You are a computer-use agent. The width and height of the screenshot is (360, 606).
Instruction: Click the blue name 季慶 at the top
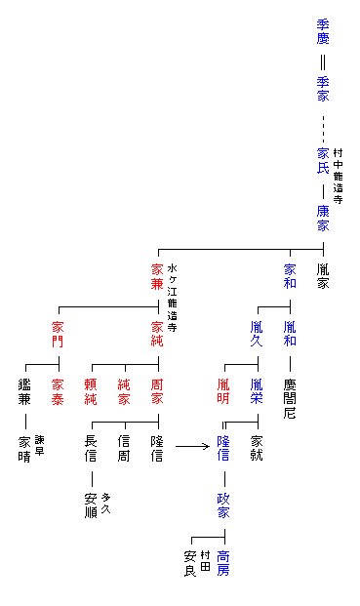(323, 31)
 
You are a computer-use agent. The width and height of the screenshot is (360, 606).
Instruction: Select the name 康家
(323, 218)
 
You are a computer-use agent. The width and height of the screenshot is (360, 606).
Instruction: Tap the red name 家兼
(157, 276)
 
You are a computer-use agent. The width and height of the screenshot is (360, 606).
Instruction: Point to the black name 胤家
(323, 276)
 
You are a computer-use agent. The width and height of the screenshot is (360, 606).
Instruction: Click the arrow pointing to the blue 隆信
(192, 447)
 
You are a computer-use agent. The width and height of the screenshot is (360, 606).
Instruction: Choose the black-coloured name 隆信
(157, 448)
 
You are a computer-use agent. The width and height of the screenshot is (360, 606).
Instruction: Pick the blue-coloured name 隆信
(223, 448)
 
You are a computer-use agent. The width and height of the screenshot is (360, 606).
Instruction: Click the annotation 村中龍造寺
(338, 177)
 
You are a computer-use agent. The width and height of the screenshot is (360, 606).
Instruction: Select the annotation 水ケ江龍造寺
(173, 298)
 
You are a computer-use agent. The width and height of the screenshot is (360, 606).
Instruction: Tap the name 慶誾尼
(290, 398)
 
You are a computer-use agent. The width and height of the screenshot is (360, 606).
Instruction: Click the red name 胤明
(223, 391)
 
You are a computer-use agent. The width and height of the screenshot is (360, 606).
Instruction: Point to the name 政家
(223, 505)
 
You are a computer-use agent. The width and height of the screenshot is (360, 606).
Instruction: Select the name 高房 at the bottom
(223, 563)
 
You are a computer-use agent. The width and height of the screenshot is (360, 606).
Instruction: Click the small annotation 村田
(205, 561)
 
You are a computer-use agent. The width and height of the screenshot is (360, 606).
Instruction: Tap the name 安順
(91, 505)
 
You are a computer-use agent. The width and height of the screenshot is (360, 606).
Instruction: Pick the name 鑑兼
(24, 391)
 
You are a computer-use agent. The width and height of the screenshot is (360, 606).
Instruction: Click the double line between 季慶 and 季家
(323, 62)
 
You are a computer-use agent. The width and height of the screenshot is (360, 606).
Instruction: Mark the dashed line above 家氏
(323, 129)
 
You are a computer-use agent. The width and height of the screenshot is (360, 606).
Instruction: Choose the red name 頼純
(91, 391)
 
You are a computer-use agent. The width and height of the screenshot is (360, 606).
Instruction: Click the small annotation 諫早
(40, 445)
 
